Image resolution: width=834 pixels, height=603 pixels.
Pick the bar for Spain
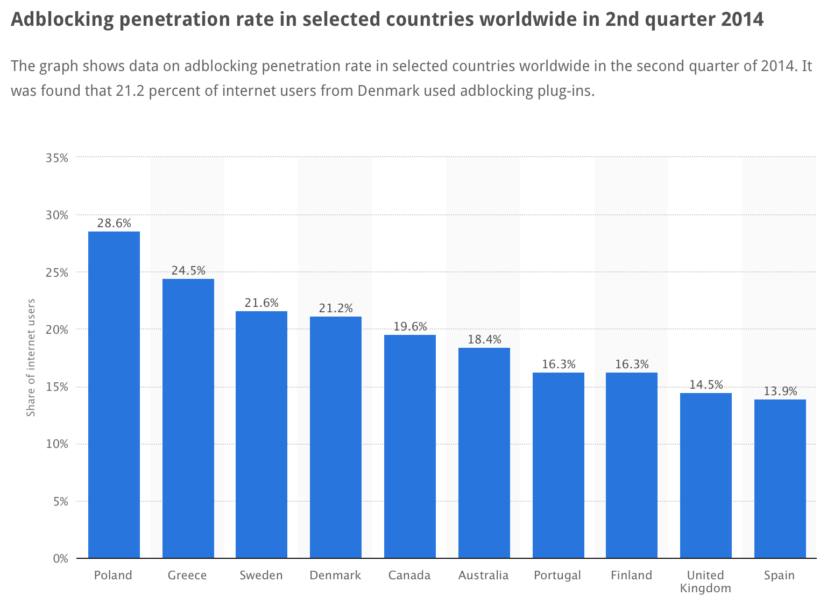coord(780,479)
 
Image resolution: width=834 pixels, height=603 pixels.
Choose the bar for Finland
coord(632,465)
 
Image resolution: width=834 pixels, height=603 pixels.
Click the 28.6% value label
coord(114,223)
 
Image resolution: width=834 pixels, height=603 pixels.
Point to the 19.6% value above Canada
coord(410,326)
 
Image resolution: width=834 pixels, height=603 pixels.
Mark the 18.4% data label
coord(484,339)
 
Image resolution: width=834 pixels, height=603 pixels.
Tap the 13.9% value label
coord(780,391)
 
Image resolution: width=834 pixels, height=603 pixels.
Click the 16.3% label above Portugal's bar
coord(559,364)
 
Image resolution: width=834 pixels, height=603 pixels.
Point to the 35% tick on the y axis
coord(56,158)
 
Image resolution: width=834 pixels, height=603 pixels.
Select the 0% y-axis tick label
coord(60,559)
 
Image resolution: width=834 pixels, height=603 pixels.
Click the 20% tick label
coord(56,329)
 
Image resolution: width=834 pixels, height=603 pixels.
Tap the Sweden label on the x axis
coord(261,576)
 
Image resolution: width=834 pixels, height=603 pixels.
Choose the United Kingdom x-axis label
coord(705,581)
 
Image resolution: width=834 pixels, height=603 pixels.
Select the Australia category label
coord(483,576)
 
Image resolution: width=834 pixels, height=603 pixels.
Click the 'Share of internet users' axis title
coord(31,357)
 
